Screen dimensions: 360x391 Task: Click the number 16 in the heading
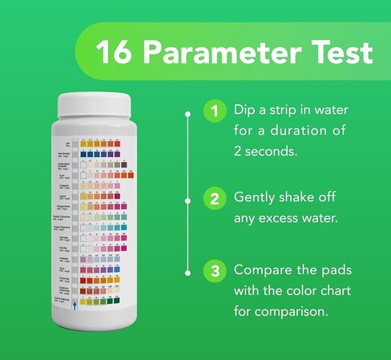pyautogui.click(x=112, y=53)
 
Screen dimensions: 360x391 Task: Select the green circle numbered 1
pyautogui.click(x=213, y=111)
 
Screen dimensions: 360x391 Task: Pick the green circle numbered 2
pyautogui.click(x=213, y=197)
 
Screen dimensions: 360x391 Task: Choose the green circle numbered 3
pyautogui.click(x=213, y=270)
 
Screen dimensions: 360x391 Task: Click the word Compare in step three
pyautogui.click(x=262, y=269)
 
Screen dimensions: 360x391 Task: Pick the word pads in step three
pyautogui.click(x=335, y=269)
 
